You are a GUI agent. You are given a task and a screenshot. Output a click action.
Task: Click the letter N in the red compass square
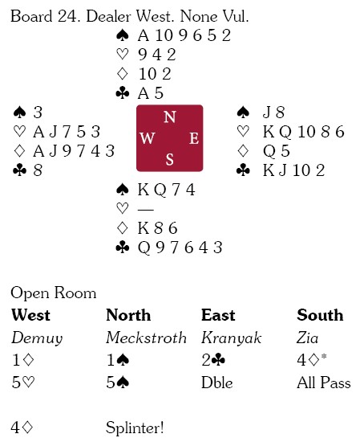click(170, 117)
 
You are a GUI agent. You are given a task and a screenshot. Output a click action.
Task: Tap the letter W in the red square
click(148, 138)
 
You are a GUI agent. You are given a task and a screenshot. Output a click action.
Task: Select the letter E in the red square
click(194, 138)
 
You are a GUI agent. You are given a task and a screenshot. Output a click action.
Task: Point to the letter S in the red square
click(169, 159)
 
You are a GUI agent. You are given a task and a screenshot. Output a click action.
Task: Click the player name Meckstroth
click(146, 338)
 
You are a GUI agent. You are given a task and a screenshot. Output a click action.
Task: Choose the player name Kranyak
click(231, 338)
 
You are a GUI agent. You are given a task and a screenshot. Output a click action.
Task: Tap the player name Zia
click(307, 338)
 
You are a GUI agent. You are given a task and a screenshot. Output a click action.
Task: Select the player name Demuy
click(37, 338)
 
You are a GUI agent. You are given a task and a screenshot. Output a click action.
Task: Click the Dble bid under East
click(217, 383)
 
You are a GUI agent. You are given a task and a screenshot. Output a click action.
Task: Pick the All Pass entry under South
click(324, 383)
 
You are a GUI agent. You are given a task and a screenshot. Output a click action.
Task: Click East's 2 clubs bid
click(213, 360)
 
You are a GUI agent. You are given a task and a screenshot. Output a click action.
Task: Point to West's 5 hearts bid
click(23, 383)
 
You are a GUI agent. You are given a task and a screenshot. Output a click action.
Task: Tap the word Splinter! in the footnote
click(135, 428)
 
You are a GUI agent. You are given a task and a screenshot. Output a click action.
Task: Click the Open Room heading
click(54, 293)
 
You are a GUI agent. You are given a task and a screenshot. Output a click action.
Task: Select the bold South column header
click(320, 315)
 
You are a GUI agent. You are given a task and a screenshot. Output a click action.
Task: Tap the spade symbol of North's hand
click(123, 36)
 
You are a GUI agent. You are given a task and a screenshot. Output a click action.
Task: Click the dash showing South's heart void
click(146, 210)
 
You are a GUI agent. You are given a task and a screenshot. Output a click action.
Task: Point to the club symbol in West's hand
click(20, 170)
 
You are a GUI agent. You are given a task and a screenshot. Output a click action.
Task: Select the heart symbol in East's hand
click(243, 132)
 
